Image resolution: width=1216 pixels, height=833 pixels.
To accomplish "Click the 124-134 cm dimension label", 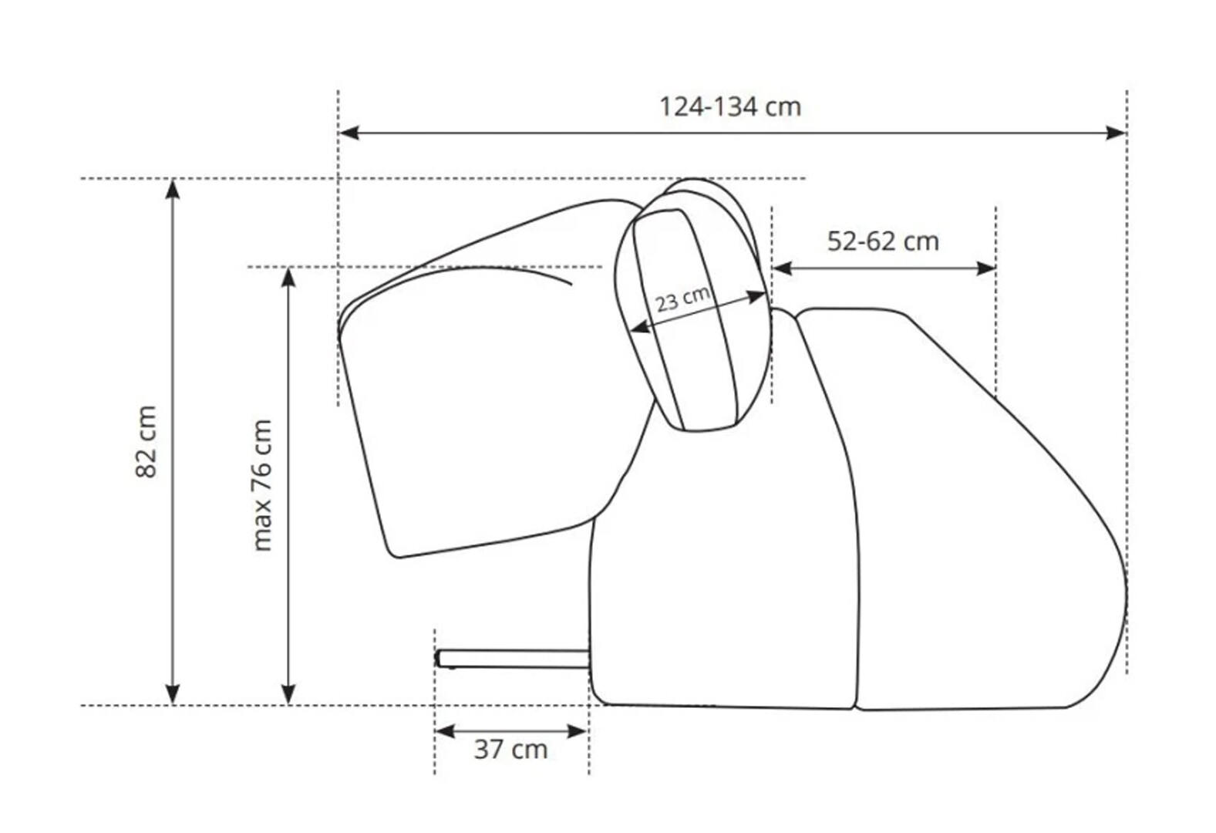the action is click(730, 107).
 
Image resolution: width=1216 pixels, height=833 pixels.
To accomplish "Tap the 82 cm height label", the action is click(147, 441).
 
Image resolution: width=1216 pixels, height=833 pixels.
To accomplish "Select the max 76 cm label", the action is click(262, 485).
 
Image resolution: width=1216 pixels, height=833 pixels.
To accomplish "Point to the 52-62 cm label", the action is click(883, 241).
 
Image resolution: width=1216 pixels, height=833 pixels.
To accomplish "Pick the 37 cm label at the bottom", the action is click(510, 750).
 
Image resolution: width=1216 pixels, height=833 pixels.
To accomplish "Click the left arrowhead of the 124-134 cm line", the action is click(349, 133).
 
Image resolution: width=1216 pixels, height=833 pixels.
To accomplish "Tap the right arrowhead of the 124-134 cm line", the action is click(1116, 133).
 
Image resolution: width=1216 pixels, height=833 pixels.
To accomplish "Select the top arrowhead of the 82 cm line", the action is click(173, 189).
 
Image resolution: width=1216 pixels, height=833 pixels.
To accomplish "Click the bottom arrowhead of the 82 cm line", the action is click(173, 694).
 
